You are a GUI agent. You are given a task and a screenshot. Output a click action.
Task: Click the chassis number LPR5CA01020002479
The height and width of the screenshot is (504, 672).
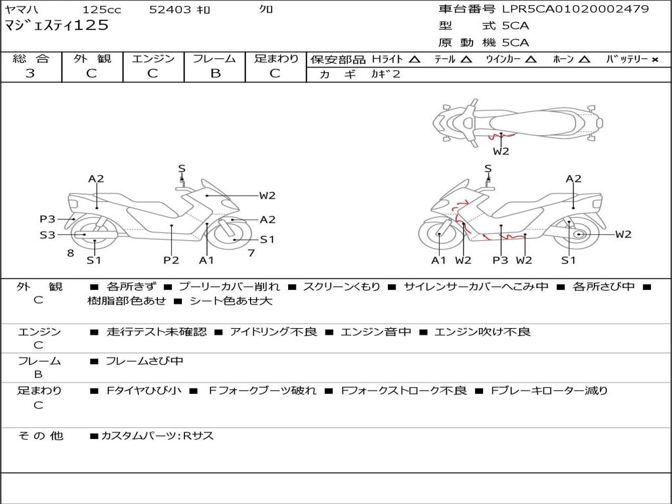pyautogui.click(x=576, y=9)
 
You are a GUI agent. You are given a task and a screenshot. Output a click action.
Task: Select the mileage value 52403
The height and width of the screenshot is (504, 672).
pyautogui.click(x=171, y=10)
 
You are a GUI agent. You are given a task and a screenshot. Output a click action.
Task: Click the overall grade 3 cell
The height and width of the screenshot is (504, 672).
pyautogui.click(x=30, y=73)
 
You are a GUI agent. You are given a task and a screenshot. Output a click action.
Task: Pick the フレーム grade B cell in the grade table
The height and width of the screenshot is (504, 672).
pyautogui.click(x=215, y=73)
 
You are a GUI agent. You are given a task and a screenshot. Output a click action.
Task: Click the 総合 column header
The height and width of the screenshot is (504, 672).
pyautogui.click(x=30, y=58)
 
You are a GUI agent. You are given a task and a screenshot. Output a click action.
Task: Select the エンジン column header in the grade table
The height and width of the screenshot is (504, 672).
pyautogui.click(x=153, y=58)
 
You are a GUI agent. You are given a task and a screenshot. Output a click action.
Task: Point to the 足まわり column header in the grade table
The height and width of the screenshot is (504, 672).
pyautogui.click(x=276, y=58)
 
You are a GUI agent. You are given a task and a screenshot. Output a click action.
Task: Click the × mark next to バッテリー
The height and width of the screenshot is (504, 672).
pyautogui.click(x=655, y=59)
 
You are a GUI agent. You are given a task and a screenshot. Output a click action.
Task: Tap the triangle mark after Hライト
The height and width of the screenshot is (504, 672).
pyautogui.click(x=414, y=59)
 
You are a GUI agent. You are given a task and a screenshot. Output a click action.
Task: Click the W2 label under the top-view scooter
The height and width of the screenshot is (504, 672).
pyautogui.click(x=501, y=152)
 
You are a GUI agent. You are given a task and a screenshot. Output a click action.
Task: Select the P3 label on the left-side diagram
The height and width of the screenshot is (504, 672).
pyautogui.click(x=47, y=219)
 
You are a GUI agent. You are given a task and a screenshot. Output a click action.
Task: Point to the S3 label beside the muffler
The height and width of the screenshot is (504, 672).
pyautogui.click(x=47, y=234)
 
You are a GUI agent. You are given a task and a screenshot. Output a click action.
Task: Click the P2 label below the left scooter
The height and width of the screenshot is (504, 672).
pyautogui.click(x=171, y=261)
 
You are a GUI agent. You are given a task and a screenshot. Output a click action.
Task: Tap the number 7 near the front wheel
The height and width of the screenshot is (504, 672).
pyautogui.click(x=251, y=253)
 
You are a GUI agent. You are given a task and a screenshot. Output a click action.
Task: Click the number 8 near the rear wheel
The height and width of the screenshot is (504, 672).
pyautogui.click(x=70, y=253)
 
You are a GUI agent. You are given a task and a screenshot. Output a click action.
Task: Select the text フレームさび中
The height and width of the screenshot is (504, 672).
pyautogui.click(x=144, y=361)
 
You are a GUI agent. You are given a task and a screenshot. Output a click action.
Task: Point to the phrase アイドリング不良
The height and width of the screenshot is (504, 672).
pyautogui.click(x=273, y=332)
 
